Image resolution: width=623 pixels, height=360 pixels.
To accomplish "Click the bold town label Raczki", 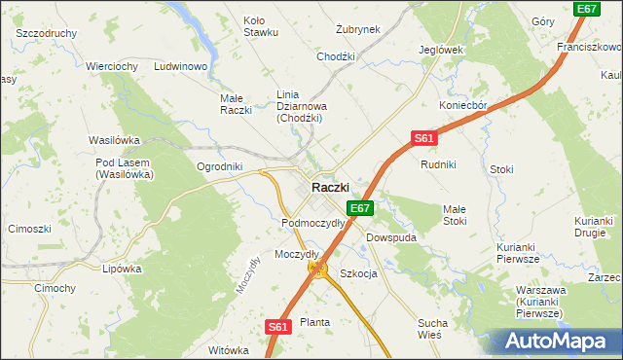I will [330, 187].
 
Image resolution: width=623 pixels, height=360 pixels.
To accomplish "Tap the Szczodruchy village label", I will [47, 32].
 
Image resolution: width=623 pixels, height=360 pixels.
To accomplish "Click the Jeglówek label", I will [440, 50].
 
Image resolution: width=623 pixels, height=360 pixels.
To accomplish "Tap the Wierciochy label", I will [111, 66].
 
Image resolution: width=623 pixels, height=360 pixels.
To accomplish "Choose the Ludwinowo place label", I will [182, 66].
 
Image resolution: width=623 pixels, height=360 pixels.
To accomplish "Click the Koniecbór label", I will [462, 107].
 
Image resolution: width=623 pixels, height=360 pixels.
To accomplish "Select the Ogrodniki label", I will [219, 166].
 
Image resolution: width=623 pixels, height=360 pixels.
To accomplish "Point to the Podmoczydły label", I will [312, 223].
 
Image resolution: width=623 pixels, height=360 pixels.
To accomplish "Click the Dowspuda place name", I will [391, 236].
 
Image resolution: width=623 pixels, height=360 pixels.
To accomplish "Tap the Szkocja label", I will [358, 273].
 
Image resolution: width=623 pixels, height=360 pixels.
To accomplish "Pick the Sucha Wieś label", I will [432, 328].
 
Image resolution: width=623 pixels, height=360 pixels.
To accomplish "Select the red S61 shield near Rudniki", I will [422, 139].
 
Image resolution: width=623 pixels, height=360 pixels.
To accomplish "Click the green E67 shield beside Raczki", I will [360, 208].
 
